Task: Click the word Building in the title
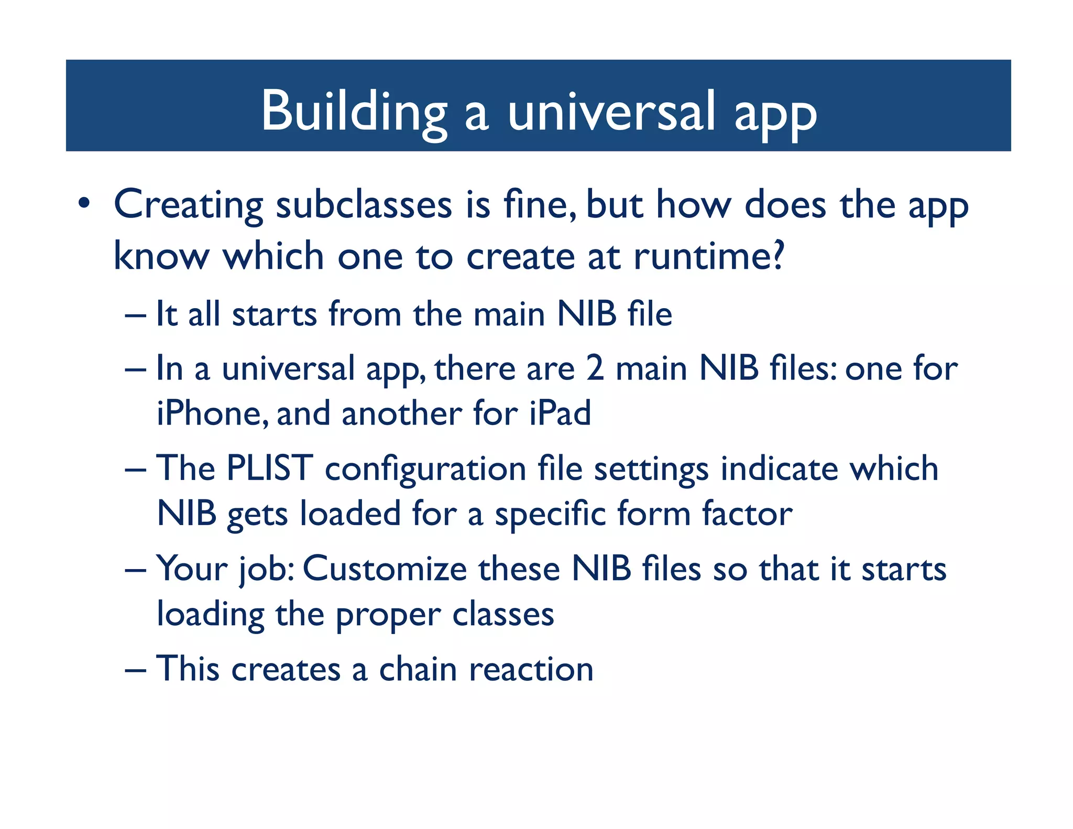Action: click(x=354, y=111)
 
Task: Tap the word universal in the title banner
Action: click(x=611, y=111)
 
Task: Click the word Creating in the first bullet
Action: click(x=188, y=205)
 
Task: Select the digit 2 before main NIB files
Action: click(x=595, y=368)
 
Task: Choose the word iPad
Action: click(x=560, y=413)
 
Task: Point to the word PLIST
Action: click(x=269, y=467)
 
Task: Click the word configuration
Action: click(x=425, y=470)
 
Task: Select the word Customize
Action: click(x=385, y=569)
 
